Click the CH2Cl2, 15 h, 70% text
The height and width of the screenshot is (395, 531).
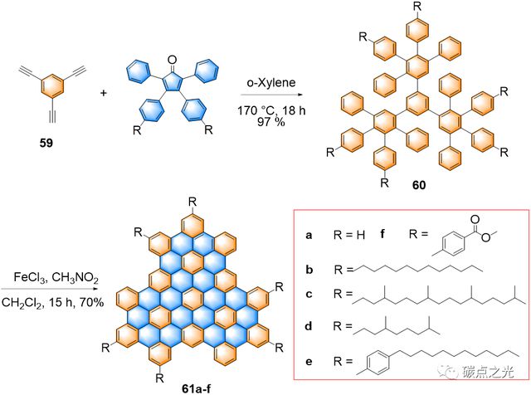(x=53, y=303)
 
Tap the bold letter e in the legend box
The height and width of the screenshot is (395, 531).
(x=308, y=363)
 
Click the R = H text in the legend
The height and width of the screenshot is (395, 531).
(x=347, y=237)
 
